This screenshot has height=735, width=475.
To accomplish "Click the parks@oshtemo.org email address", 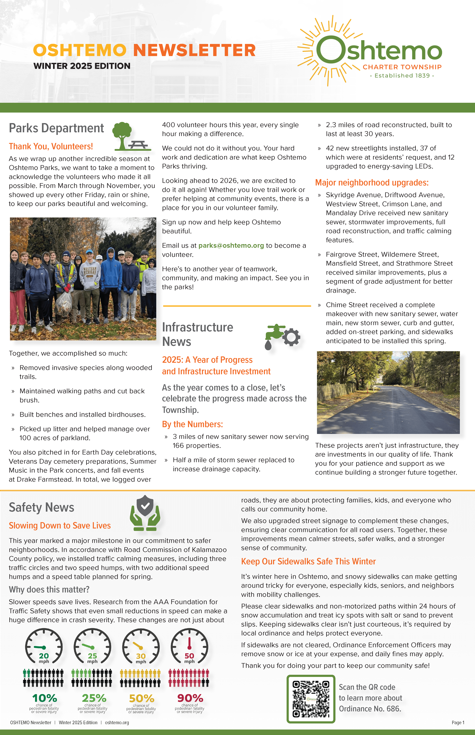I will [231, 245].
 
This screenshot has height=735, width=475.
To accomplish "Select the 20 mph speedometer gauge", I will [44, 646].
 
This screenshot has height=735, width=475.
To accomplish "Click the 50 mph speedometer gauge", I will [189, 646].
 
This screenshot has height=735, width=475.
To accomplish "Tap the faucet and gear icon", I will [282, 336].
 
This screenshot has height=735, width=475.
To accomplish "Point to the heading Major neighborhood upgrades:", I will [372, 182].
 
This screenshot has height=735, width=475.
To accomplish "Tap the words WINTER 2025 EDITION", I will [82, 66].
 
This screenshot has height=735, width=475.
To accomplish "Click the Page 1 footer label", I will [458, 722].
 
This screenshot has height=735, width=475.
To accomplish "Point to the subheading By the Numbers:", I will [192, 424].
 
